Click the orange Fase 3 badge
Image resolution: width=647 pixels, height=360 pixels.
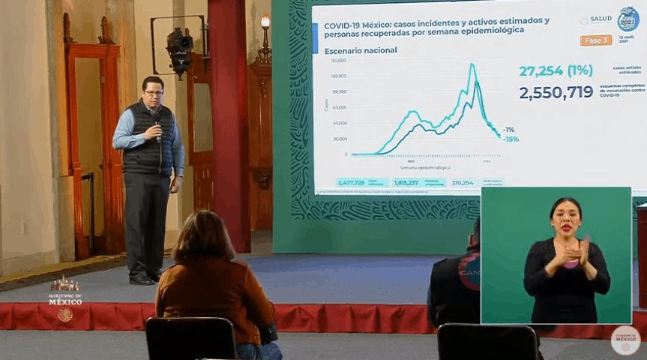595,40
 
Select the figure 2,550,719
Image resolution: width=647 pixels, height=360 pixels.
556,92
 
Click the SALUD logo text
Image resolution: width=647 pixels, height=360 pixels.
601,19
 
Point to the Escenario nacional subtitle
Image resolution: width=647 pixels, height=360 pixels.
360,50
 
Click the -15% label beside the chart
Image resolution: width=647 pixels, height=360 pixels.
511,139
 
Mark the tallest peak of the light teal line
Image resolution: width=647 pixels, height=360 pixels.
472,65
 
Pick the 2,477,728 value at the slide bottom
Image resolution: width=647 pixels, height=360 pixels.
351,182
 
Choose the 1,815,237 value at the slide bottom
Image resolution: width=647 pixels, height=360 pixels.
406,182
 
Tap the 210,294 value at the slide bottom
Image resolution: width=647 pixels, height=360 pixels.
463,182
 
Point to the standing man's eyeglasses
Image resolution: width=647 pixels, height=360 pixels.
153,92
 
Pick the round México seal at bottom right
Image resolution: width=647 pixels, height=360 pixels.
625,340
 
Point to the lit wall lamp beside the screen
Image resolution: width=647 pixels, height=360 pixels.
265,22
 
